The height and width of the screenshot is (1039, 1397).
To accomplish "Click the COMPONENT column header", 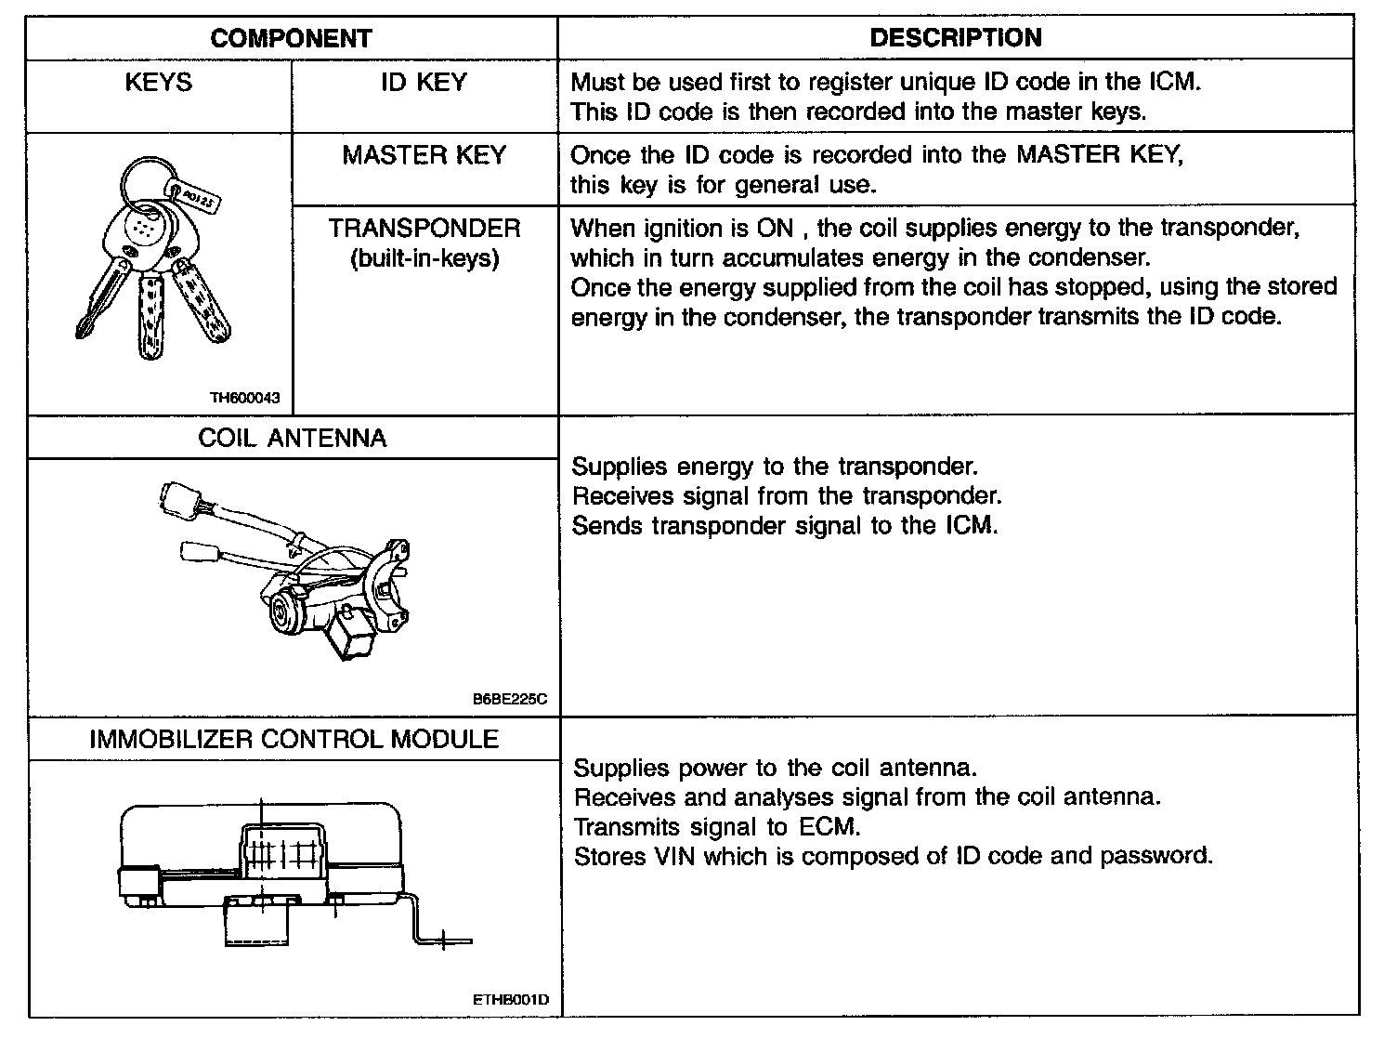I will (291, 38).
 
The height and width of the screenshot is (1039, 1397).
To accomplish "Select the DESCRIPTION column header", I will (955, 38).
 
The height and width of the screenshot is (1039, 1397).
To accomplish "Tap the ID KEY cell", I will (424, 83).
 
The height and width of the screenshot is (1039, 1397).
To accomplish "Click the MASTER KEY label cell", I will (424, 155).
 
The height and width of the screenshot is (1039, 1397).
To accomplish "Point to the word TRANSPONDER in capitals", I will (424, 229).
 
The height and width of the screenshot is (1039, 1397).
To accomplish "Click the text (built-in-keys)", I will (424, 258).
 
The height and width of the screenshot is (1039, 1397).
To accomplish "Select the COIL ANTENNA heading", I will (292, 439).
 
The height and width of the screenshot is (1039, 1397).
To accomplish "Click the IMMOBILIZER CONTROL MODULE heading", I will (294, 740).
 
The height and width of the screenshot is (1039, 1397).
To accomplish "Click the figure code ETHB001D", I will (511, 1001).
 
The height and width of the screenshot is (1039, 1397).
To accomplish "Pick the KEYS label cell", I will (158, 83).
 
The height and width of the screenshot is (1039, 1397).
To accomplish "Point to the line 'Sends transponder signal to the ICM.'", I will (785, 526).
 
